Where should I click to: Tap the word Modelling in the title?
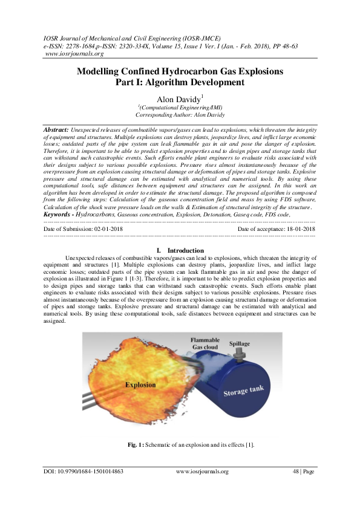[x=99, y=71]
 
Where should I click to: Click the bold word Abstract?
[x=57, y=130]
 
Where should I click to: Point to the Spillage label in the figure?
[x=239, y=344]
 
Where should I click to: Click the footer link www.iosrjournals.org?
[x=202, y=472]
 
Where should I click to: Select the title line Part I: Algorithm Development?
[x=180, y=82]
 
